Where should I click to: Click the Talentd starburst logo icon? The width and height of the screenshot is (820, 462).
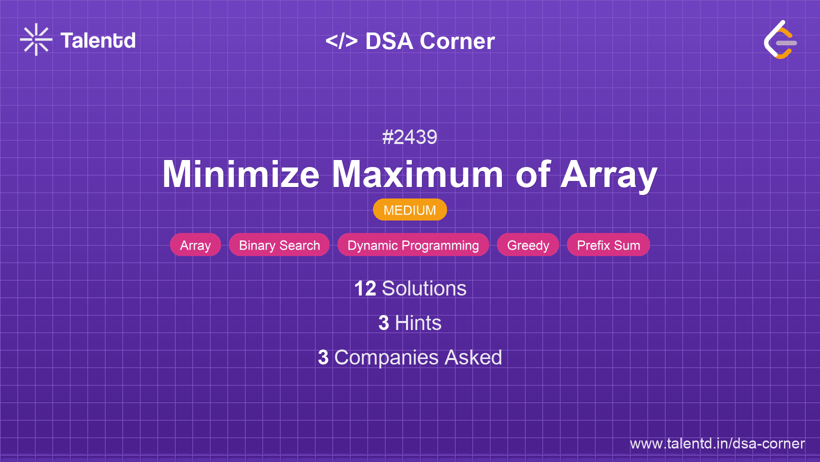(x=36, y=39)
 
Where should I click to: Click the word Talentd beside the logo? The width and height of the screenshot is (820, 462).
(x=98, y=40)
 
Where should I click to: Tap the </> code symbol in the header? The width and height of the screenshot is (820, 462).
(x=341, y=41)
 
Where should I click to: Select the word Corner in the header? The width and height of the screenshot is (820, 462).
(x=457, y=41)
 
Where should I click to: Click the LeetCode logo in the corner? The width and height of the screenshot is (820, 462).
(x=780, y=39)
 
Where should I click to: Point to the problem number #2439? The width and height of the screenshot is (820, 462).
(x=409, y=137)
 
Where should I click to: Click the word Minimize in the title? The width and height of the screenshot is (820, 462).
(x=241, y=174)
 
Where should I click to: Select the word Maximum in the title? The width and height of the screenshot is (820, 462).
(x=417, y=174)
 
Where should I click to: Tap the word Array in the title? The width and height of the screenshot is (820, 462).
(x=609, y=175)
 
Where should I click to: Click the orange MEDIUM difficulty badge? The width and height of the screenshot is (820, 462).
(x=410, y=210)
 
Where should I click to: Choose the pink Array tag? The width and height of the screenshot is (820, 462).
(x=195, y=245)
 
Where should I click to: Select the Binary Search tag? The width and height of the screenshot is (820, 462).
(x=279, y=245)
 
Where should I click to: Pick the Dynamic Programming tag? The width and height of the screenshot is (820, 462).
(x=413, y=245)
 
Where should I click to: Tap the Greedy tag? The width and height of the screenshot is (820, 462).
(x=528, y=245)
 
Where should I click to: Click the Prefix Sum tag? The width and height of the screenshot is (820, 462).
(x=608, y=245)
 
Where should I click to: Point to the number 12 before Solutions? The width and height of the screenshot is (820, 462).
(x=365, y=288)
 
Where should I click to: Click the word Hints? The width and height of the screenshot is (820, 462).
(x=418, y=323)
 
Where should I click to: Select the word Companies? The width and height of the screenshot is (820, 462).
(x=386, y=357)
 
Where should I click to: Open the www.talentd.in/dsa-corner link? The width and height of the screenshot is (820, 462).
(x=717, y=443)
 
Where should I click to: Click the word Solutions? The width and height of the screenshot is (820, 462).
(x=424, y=288)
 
